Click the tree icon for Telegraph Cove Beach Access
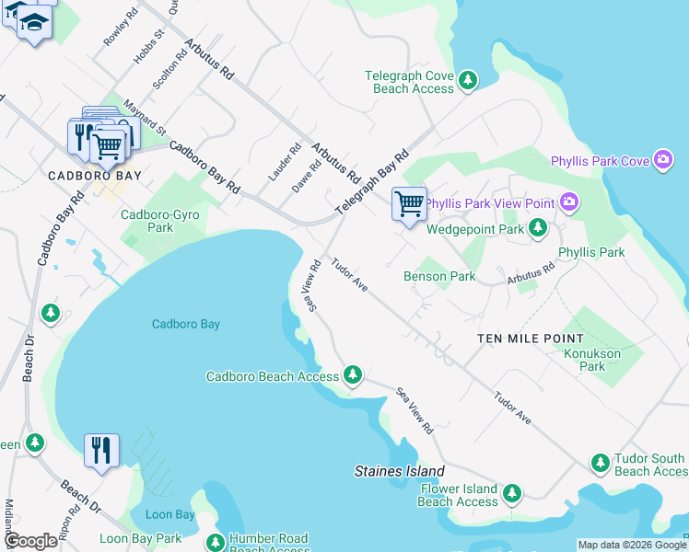468,81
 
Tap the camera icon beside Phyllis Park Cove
662,160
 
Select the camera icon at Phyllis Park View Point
569,201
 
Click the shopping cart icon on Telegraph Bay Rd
408,202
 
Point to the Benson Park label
439,276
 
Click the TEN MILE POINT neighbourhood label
531,339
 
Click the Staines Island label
394,471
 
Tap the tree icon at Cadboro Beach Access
352,374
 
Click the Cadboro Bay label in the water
186,324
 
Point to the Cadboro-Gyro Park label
160,221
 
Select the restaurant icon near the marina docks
100,450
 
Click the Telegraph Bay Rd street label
371,184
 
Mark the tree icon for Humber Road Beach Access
216,543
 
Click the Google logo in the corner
30,541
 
